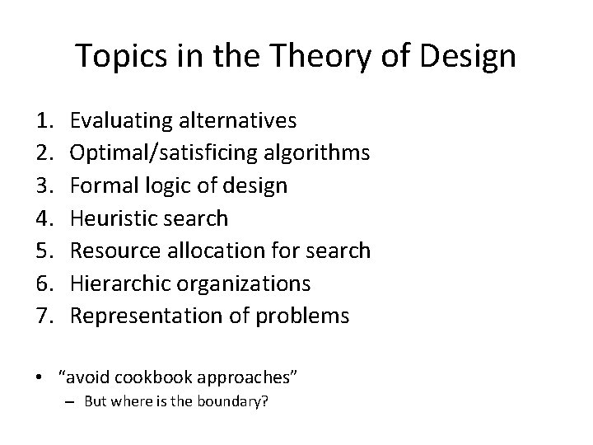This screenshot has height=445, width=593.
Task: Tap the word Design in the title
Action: (467, 56)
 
